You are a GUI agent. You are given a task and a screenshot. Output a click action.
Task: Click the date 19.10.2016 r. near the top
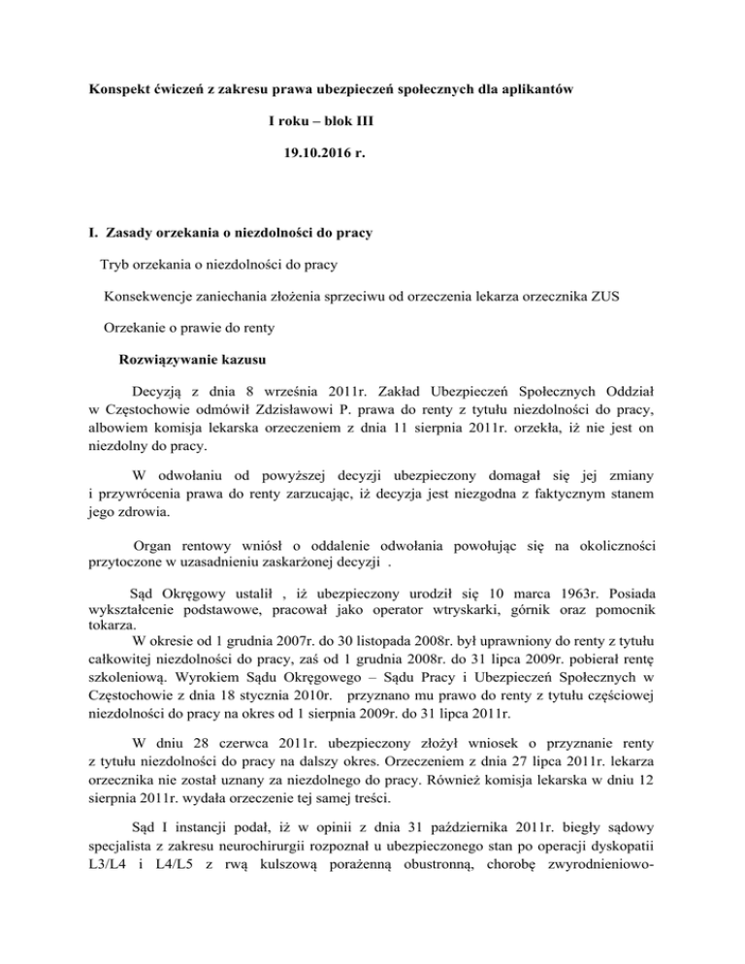click(x=319, y=151)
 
